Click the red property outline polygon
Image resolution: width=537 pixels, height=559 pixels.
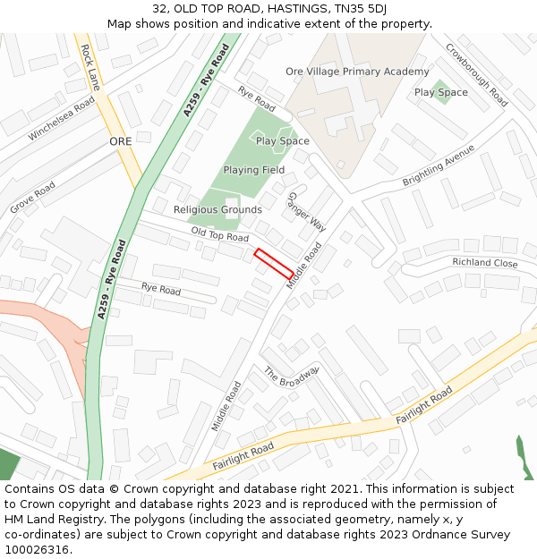[274, 264]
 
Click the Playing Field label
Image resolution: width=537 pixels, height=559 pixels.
[254, 170]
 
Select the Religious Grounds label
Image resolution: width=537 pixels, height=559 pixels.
[217, 210]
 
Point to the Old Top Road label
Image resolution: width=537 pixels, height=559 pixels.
[219, 236]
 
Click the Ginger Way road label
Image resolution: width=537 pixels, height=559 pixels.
[306, 211]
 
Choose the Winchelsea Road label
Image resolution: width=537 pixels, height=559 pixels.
[61, 118]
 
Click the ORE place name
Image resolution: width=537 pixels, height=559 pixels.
[120, 141]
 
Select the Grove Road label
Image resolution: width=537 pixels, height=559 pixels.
[33, 197]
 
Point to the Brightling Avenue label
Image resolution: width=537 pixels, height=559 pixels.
[439, 165]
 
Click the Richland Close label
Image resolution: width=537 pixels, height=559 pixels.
[484, 263]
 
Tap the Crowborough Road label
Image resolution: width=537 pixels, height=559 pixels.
[476, 75]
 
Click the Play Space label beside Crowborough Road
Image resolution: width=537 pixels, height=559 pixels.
[440, 92]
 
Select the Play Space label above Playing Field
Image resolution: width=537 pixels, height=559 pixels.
[282, 141]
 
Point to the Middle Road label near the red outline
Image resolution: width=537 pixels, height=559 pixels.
[303, 265]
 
